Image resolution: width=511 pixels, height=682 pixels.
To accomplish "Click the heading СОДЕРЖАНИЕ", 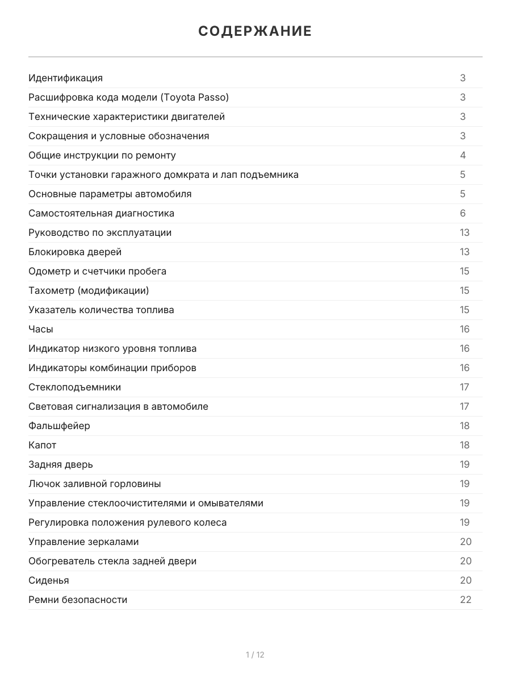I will (255, 31).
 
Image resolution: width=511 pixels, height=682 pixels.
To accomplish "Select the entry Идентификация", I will (65, 78).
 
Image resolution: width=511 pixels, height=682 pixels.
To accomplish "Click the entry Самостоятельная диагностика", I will (101, 213).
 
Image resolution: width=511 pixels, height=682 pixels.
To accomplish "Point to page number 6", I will (463, 213).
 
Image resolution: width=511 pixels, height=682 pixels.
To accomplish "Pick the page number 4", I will (463, 155).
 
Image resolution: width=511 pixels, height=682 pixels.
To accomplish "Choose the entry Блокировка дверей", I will (75, 252).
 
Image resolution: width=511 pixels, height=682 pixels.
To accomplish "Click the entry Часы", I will (41, 329).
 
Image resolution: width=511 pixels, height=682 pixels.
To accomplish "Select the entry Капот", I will (43, 445).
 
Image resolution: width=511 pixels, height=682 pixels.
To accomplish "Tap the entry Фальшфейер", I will (59, 426).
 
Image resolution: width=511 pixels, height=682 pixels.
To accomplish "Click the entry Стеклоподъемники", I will (74, 387).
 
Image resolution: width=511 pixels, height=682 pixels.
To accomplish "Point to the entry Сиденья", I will (49, 580).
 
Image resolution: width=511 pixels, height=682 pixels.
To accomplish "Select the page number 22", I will (466, 600).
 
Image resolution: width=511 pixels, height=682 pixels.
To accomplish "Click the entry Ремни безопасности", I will (78, 600).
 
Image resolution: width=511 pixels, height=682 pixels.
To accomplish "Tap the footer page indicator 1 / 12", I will (255, 655).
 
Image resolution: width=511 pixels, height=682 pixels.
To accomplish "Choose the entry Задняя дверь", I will (61, 464).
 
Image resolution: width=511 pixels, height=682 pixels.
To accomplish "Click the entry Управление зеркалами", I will (83, 542).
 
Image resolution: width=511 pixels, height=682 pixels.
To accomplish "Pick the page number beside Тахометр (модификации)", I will (464, 290).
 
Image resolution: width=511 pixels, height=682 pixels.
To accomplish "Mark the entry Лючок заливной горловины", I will (94, 484).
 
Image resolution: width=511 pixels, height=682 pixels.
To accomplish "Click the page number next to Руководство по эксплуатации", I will (464, 232).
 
